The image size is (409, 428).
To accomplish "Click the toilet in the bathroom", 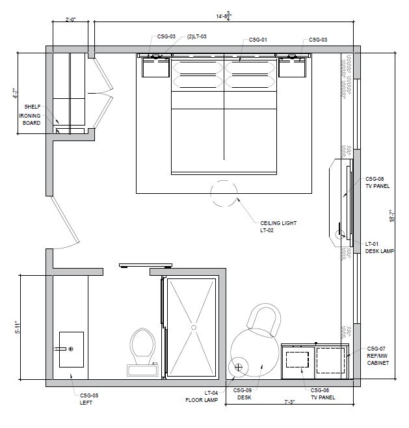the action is pos(142,352).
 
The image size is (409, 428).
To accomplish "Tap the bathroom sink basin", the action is pos(72,349).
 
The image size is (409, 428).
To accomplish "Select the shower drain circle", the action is pos(194,327).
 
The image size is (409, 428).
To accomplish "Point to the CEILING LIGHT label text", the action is pos(278,223).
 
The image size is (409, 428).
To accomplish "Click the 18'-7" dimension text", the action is pos(392,216).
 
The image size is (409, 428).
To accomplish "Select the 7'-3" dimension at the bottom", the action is pos(289,402).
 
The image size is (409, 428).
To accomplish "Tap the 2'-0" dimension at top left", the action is pos(71,20).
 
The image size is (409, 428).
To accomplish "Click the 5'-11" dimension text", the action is pos(18,327).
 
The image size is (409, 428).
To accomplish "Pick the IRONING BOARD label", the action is pos(30,119).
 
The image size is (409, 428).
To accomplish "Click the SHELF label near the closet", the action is pos(33,107).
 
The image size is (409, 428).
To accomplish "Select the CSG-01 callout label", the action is pos(258,40).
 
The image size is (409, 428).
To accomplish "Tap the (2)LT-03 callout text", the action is pos(197,36).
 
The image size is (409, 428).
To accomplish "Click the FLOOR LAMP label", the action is pos(202,400).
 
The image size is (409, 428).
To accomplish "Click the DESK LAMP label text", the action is pos(380,251).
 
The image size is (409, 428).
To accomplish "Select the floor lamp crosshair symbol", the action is pos(238,368).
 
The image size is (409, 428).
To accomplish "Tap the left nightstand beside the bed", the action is pos(155,68).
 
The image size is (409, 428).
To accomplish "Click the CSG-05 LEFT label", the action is pos(89,399).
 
